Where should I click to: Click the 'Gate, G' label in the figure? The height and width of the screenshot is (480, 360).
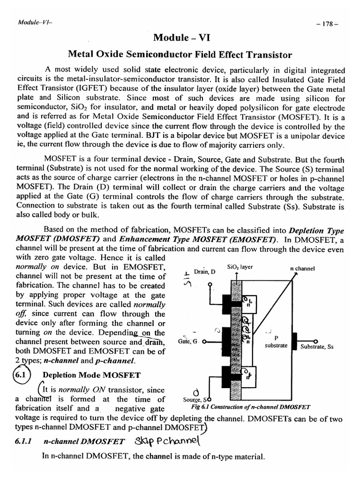click(x=189, y=342)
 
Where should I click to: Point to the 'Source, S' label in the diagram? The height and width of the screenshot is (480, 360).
click(x=194, y=399)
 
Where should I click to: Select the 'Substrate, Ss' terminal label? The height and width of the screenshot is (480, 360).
click(x=317, y=347)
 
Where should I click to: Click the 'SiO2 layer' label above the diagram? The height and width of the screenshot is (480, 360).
click(x=240, y=266)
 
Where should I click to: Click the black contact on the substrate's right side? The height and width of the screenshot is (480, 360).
click(x=295, y=341)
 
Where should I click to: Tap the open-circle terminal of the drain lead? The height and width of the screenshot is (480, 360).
click(x=210, y=284)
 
